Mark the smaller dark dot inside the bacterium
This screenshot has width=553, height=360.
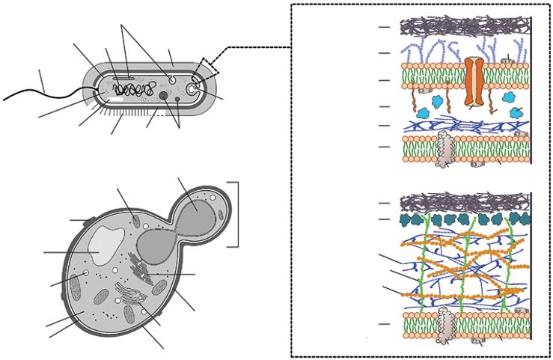177,97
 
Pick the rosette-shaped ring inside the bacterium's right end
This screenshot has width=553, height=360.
193,88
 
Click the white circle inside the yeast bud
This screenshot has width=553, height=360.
213,198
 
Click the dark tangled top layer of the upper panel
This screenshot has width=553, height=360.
464,26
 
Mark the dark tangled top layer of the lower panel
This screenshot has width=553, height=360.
464,202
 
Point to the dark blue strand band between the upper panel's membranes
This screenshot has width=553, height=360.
464,125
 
